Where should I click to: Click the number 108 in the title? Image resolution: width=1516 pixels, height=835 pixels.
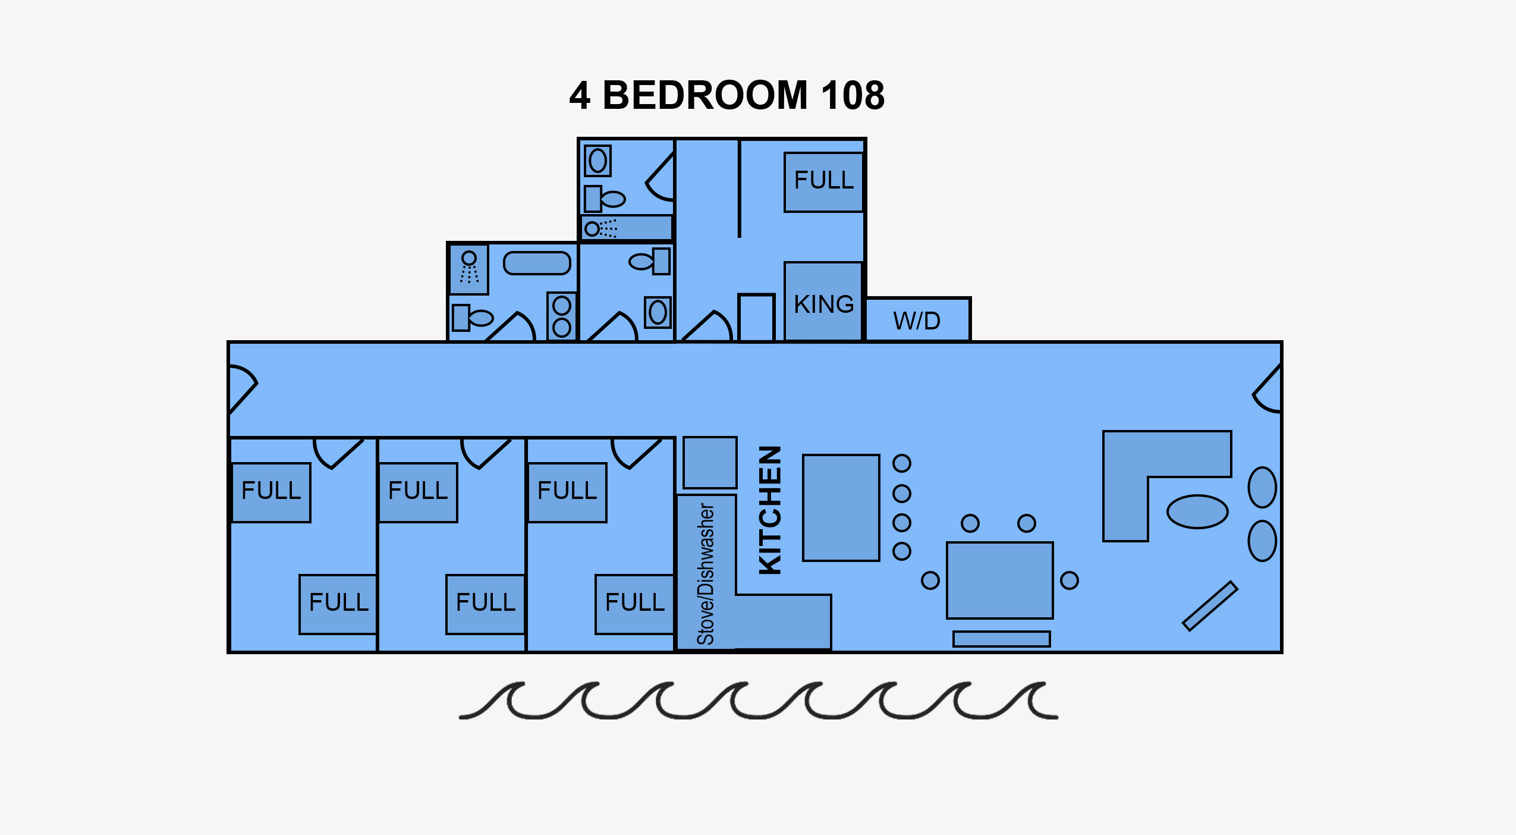[x=853, y=95]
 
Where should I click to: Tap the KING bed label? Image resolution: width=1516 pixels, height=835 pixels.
[x=824, y=304]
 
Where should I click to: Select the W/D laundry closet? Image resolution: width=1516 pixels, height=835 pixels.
[x=917, y=319]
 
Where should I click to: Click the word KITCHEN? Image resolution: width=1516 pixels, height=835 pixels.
[x=770, y=510]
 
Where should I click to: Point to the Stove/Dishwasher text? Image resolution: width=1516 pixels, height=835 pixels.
[x=706, y=574]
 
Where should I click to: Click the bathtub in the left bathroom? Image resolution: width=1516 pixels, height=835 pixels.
[x=537, y=263]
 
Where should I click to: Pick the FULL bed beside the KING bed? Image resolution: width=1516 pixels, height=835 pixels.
[x=823, y=182]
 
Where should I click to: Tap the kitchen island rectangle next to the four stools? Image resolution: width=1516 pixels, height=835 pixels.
[x=841, y=508]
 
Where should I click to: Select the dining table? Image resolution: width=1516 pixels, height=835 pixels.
[x=1000, y=580]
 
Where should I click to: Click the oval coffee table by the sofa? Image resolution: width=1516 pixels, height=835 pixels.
[x=1197, y=511]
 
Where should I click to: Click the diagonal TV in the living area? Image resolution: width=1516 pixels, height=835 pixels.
[x=1210, y=606]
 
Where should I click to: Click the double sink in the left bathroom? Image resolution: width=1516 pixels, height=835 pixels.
[x=562, y=316]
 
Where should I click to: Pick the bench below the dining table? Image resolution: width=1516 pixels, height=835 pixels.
[x=1002, y=639]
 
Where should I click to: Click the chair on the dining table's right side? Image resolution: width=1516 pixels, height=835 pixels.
[x=1069, y=580]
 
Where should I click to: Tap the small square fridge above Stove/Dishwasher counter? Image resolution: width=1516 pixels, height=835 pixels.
[x=710, y=463]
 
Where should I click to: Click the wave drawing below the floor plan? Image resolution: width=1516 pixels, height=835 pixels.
[x=758, y=701]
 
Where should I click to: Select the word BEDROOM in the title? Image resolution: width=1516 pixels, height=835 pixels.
[x=705, y=95]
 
